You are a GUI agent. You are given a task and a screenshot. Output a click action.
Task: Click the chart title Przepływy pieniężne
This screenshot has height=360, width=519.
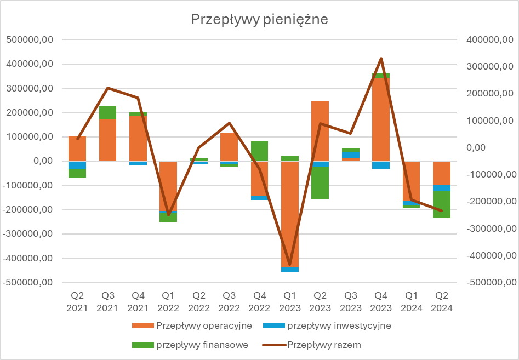259,20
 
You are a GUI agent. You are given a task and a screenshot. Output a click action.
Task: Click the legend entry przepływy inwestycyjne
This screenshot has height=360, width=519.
338,325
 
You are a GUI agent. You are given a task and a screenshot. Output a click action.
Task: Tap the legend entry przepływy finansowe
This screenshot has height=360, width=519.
202,345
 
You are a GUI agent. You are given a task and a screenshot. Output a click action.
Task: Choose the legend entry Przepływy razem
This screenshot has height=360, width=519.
324,345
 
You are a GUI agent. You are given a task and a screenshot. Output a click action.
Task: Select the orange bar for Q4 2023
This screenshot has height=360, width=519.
381,119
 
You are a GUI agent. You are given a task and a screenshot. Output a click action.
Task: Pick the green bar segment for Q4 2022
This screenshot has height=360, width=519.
260,151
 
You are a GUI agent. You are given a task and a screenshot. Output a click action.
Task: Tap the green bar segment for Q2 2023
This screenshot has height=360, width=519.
320,183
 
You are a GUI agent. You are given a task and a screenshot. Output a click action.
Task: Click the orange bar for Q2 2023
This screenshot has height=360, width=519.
320,131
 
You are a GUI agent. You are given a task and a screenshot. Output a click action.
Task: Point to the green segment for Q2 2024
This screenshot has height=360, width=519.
441,204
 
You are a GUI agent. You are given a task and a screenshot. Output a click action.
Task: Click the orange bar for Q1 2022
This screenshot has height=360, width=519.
169,186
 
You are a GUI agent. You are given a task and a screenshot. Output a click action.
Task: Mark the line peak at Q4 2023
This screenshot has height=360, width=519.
381,58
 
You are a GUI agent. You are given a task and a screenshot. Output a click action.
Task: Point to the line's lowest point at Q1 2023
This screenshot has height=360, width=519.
290,265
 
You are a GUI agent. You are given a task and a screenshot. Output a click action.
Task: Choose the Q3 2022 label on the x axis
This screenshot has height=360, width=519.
229,302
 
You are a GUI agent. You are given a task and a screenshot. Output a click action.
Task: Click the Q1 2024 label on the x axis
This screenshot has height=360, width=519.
411,302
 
